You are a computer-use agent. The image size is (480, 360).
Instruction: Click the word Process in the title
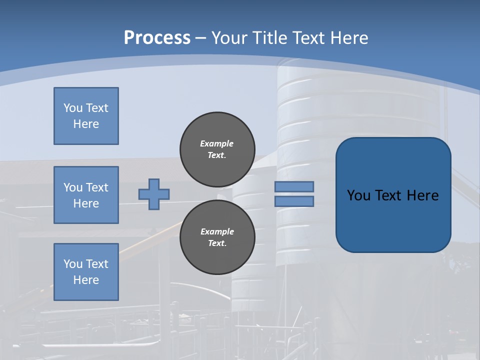pos(157,38)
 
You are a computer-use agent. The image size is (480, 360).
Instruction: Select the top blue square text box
pos(86,116)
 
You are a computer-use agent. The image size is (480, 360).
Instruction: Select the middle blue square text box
pos(86,195)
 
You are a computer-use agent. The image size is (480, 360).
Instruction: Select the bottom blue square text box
pos(86,272)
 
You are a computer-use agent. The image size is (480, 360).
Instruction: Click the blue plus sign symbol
pos(154,194)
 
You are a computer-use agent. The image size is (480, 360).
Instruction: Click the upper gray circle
pos(217,149)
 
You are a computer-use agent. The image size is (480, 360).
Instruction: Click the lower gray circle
pos(217,237)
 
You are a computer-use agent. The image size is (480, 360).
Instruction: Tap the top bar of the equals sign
pos(294,186)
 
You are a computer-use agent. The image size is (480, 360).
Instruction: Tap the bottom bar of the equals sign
pos(294,201)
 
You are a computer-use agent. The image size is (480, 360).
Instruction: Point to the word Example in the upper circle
pos(217,143)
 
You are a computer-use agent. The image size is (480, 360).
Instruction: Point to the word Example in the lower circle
pos(217,231)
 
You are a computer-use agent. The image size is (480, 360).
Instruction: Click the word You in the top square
pos(73,108)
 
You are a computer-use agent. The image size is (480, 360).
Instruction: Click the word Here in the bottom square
pos(86,280)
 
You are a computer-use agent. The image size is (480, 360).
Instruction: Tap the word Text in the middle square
pos(96,187)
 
